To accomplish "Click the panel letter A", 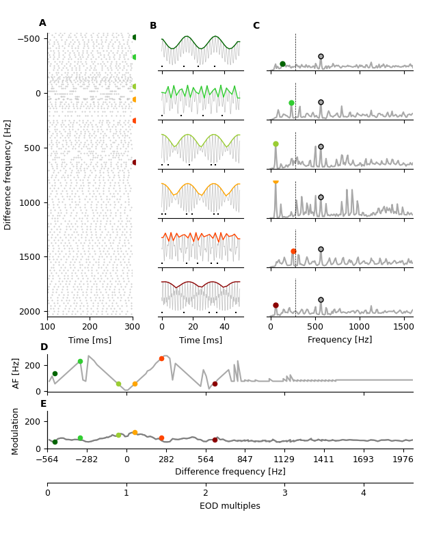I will [x=42, y=23].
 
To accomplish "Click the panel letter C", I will [x=256, y=26].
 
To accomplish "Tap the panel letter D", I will [x=44, y=347].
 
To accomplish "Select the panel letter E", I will [x=43, y=404].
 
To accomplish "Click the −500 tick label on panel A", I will [x=28, y=38].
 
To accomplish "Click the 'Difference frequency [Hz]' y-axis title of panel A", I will [x=8, y=174].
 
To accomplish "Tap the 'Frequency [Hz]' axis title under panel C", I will [x=340, y=340].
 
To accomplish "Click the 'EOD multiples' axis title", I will [x=230, y=506].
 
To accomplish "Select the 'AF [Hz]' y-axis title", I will [x=16, y=373].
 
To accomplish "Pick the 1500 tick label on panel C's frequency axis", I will [x=403, y=327].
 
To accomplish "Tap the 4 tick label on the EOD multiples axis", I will [x=364, y=493].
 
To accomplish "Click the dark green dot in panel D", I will [x=55, y=374].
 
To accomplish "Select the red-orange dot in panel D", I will [x=162, y=358].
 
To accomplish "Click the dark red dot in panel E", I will [x=215, y=440].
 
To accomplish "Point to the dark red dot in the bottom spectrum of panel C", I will [x=276, y=305].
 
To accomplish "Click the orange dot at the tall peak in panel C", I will [x=276, y=181].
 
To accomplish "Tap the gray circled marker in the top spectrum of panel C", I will [x=321, y=57].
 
